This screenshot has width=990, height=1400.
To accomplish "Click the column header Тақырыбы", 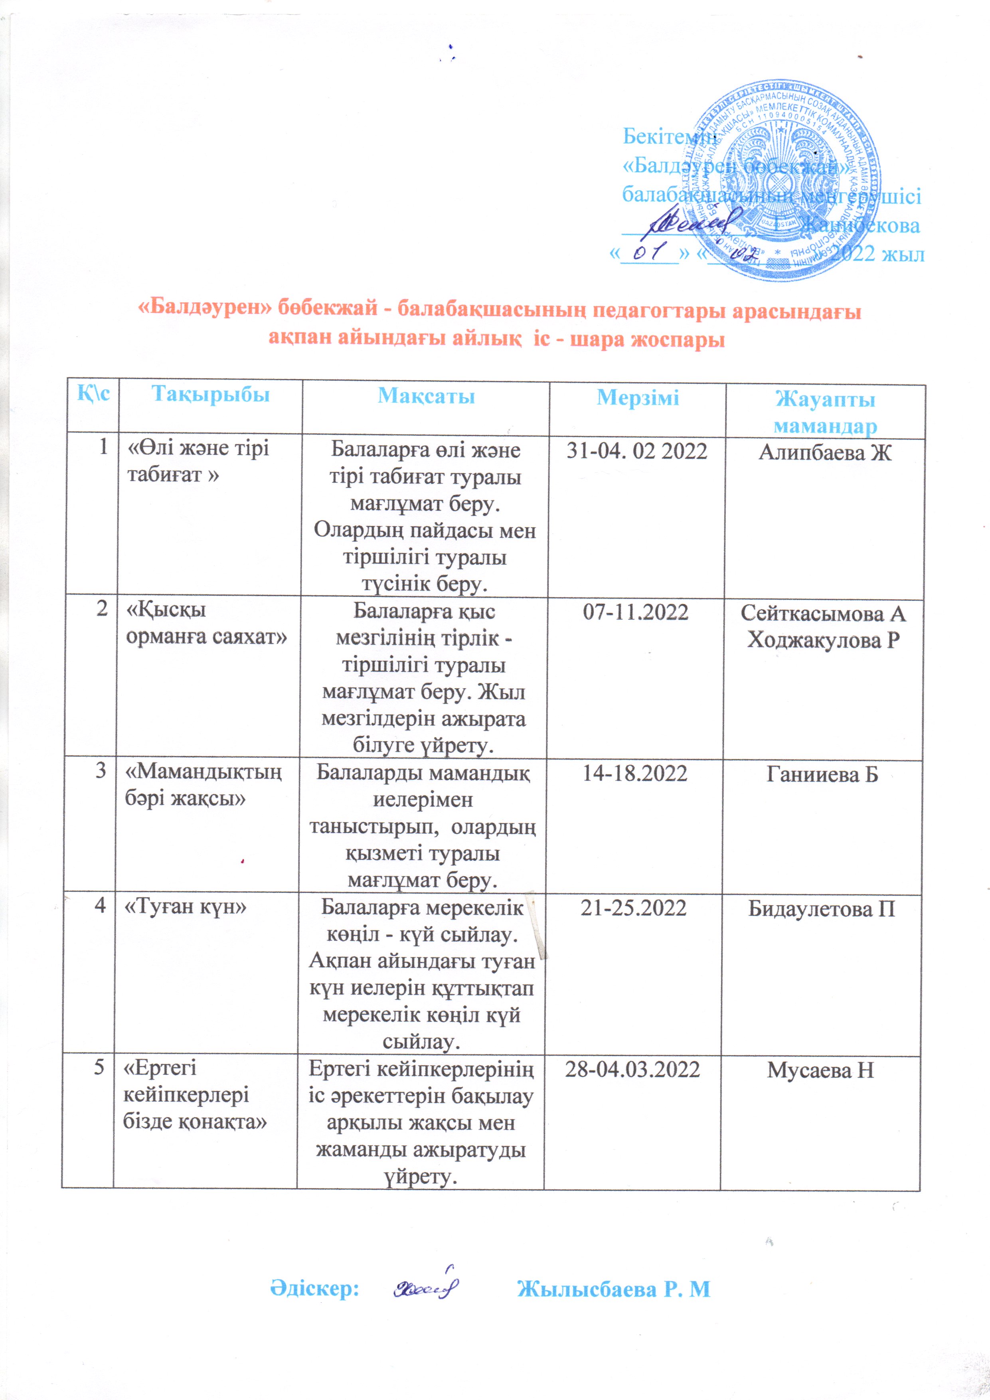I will tap(210, 395).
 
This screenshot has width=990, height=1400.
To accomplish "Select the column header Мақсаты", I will tap(426, 396).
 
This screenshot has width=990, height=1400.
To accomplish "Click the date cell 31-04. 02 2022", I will tap(637, 451).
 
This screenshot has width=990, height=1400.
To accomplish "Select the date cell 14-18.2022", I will tap(635, 773).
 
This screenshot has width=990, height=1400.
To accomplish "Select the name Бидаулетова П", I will tap(822, 908).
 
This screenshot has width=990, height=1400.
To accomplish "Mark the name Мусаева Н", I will tap(820, 1070).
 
